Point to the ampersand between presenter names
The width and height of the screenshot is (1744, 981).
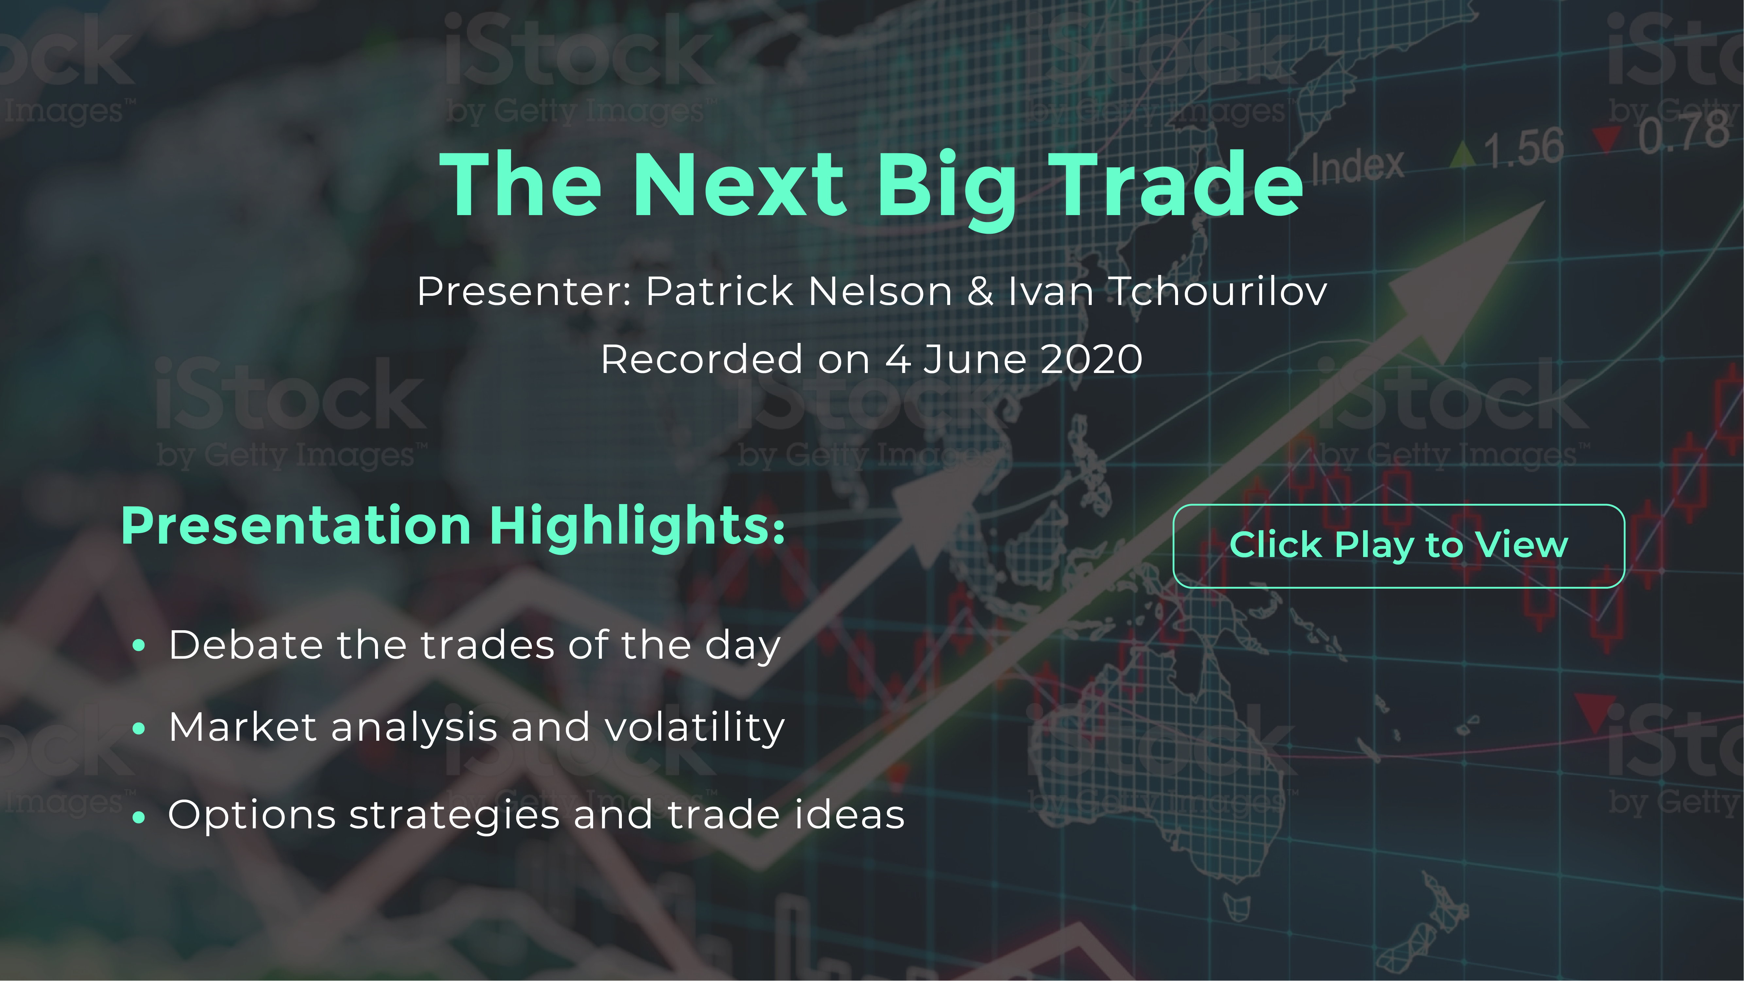[x=980, y=292]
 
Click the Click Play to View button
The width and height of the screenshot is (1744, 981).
[x=1399, y=546]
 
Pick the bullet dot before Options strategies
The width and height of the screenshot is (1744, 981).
[x=140, y=817]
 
